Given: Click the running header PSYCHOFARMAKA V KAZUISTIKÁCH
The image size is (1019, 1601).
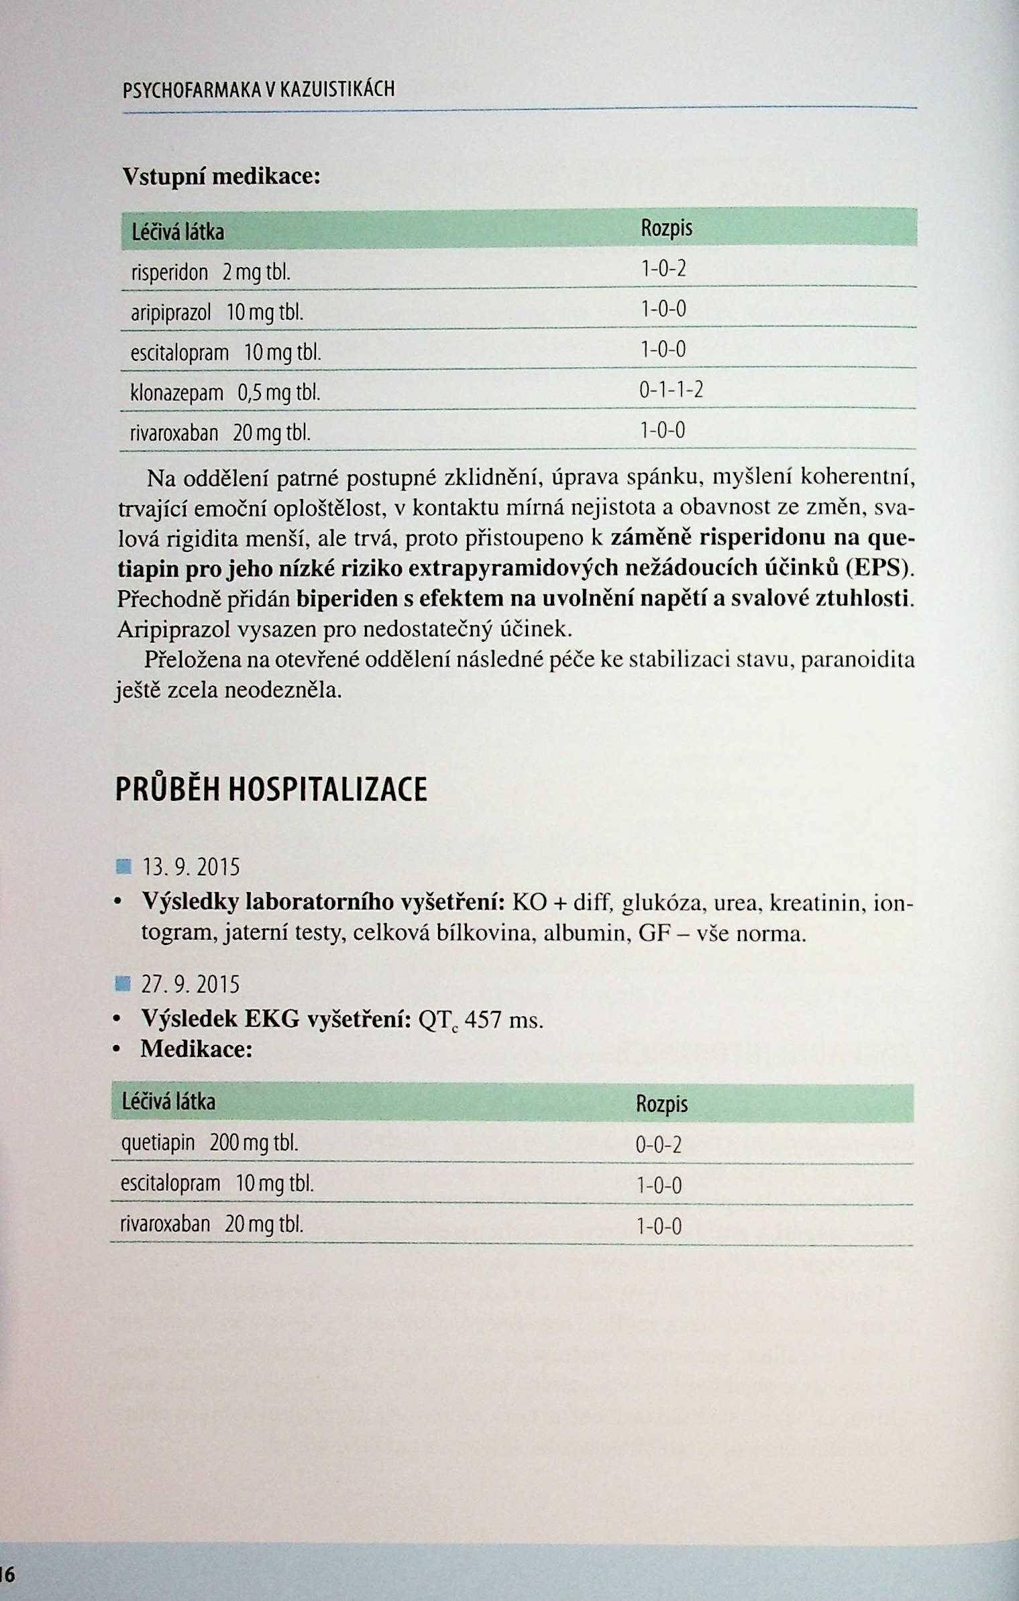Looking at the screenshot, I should pyautogui.click(x=259, y=89).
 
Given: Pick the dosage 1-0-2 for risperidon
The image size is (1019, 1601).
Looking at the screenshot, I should pyautogui.click(x=663, y=269).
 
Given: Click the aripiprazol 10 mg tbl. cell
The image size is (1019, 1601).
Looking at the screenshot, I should pyautogui.click(x=217, y=312).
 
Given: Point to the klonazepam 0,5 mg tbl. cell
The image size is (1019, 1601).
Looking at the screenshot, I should pyautogui.click(x=225, y=392).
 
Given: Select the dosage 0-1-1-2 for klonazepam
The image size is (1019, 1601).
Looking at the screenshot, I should pyautogui.click(x=671, y=390).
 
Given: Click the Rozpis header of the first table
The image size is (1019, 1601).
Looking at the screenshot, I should pyautogui.click(x=666, y=229).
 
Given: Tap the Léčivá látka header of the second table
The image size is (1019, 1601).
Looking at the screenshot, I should pyautogui.click(x=168, y=1101).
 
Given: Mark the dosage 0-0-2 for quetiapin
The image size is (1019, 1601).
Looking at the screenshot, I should pyautogui.click(x=658, y=1145).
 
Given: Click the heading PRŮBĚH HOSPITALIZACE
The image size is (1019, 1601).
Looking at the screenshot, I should pyautogui.click(x=271, y=789).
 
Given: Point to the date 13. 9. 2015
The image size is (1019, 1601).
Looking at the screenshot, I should pyautogui.click(x=191, y=868).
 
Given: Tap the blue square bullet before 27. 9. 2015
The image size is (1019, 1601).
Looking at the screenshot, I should pyautogui.click(x=122, y=985).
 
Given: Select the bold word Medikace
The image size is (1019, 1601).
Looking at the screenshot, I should pyautogui.click(x=196, y=1049).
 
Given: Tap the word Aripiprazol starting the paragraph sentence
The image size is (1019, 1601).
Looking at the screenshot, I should pyautogui.click(x=175, y=629).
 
